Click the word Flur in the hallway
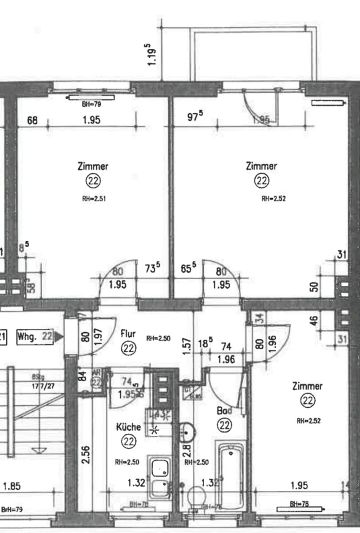tap(128, 334)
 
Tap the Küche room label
tap(128, 427)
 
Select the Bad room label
tap(224, 411)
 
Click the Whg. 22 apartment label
tap(35, 337)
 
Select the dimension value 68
tap(32, 120)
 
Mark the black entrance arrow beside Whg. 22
tap(59, 338)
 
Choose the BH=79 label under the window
tap(91, 105)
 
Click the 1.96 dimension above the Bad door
tap(226, 359)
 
